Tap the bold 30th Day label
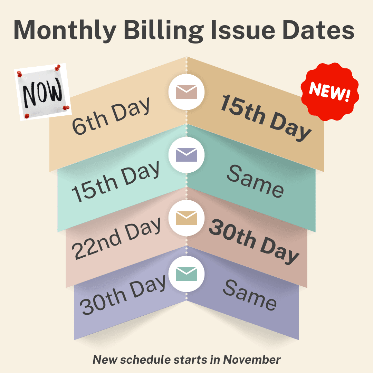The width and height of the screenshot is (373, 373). [x=254, y=240]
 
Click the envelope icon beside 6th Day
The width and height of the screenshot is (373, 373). [x=186, y=92]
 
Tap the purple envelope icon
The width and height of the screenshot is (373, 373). [x=186, y=155]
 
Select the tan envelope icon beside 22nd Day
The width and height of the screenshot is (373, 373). [x=186, y=218]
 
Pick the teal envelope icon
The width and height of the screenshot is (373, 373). [x=186, y=274]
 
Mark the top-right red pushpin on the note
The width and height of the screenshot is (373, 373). [x=58, y=67]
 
